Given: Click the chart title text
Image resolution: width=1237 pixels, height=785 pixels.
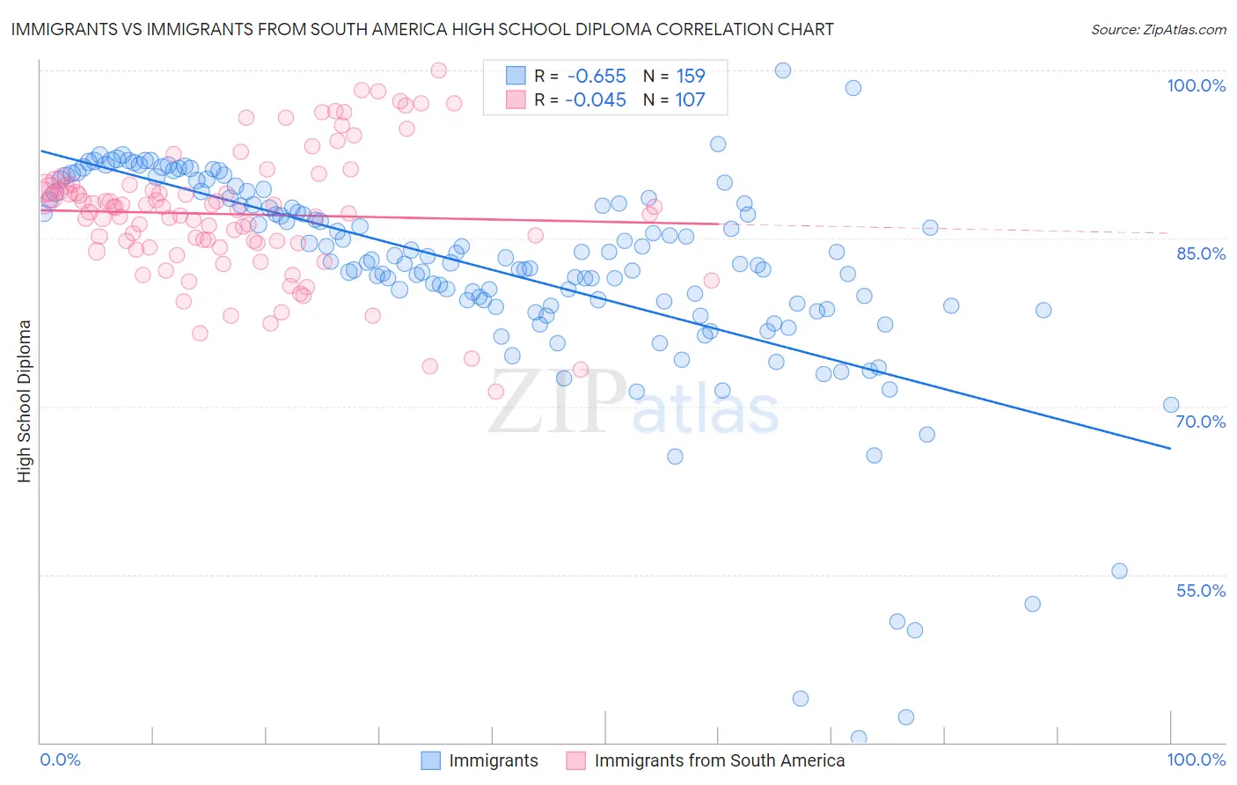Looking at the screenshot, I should click(422, 29).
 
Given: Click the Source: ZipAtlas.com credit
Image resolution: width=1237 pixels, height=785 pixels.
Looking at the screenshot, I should click(1158, 29).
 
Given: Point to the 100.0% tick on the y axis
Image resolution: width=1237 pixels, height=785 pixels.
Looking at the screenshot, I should click(1196, 85).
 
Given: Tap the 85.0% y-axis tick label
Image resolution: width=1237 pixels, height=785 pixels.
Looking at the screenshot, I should click(1200, 253).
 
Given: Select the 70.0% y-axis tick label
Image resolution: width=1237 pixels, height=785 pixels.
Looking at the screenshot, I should click(1200, 422).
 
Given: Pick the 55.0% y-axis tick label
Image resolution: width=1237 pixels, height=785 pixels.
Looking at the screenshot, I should click(1200, 591).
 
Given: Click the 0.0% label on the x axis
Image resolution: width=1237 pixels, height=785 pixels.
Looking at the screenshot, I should click(60, 759).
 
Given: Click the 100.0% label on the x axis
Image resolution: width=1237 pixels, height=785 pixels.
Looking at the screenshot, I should click(1196, 759).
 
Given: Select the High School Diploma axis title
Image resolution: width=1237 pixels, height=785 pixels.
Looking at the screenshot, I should click(24, 400).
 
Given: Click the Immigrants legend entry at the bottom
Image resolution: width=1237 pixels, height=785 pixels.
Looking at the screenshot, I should click(493, 760).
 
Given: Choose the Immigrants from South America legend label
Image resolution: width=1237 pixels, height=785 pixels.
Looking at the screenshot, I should click(719, 760).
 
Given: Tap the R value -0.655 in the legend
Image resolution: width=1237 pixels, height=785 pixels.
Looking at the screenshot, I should click(596, 77).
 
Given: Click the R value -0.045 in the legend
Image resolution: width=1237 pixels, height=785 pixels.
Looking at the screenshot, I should click(596, 100).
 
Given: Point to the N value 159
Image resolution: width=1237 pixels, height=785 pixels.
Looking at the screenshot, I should click(690, 77).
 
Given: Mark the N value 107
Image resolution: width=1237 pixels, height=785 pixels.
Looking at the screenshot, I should click(690, 100).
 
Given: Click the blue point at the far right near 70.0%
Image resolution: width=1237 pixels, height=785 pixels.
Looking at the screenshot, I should click(1170, 405).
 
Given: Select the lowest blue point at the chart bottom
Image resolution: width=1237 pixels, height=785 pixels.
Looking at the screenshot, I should click(859, 737).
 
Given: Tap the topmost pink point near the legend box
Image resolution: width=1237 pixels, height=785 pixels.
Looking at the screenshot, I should click(438, 70).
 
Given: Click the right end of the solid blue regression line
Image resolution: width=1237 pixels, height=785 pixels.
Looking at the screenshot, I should click(1170, 449).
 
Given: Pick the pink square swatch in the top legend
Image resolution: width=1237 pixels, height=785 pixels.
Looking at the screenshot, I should click(516, 100).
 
